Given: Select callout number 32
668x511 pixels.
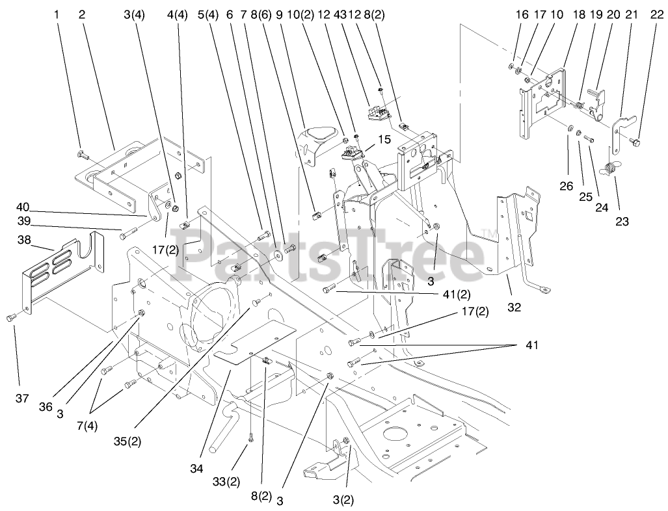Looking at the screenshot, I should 514,308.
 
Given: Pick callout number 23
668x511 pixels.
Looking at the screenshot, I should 622,220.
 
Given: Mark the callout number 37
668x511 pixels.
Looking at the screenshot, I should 21,398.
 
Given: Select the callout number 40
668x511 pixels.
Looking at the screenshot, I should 23,207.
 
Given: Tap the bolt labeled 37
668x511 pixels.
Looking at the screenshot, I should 10,317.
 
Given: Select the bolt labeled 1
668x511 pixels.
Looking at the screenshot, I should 81,153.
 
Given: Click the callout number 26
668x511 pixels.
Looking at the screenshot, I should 566,186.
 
